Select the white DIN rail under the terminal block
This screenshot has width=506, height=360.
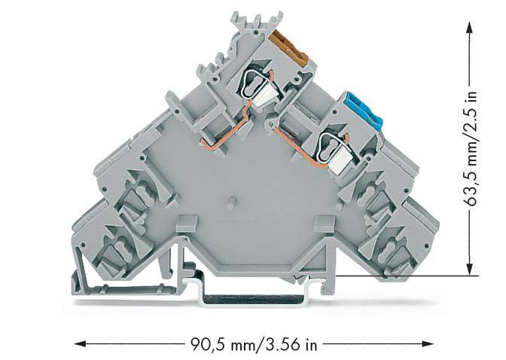point(256,298)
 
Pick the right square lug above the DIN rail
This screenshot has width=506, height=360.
point(325,224)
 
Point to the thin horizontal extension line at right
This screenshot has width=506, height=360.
point(399,276)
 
